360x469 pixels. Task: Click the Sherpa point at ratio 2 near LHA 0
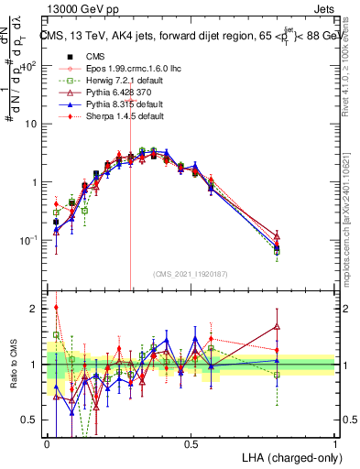click(56, 308)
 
